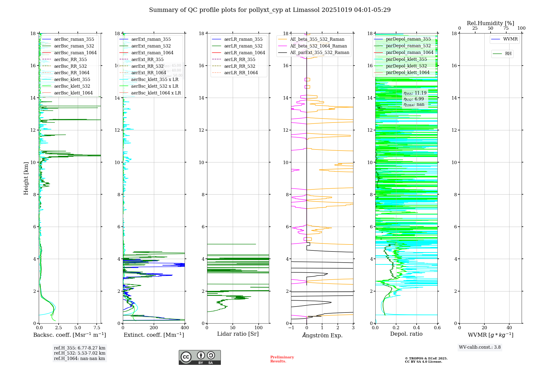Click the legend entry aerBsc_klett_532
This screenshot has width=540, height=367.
(72, 86)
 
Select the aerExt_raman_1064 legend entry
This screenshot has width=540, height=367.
(152, 53)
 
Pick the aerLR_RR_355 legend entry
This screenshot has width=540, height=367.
(239, 60)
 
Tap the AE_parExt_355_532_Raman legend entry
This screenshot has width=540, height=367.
(319, 53)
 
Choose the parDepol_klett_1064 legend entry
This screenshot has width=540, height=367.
(407, 73)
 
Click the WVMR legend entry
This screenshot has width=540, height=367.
(510, 39)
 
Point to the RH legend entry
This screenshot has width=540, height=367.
(508, 54)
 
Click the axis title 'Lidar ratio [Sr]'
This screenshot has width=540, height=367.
(238, 334)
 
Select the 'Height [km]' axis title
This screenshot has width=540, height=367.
(26, 178)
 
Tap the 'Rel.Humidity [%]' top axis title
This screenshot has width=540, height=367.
(490, 23)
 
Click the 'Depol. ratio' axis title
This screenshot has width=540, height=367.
(406, 334)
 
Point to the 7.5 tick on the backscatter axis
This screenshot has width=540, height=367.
(97, 328)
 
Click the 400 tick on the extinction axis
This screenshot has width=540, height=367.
(185, 328)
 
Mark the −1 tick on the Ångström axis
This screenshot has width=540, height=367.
(291, 328)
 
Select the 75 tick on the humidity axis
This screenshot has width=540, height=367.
(506, 28)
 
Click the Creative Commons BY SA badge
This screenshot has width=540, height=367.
(200, 358)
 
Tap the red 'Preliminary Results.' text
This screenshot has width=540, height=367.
(282, 359)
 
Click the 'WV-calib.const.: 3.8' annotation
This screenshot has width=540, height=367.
(480, 347)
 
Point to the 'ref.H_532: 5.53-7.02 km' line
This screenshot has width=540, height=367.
(80, 353)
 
